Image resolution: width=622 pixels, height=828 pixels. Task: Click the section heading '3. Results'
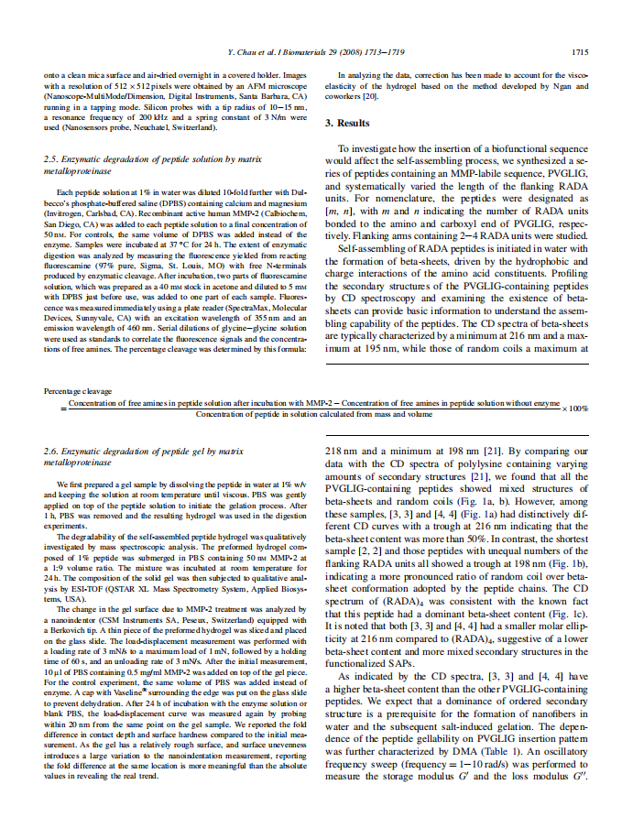point(348,123)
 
